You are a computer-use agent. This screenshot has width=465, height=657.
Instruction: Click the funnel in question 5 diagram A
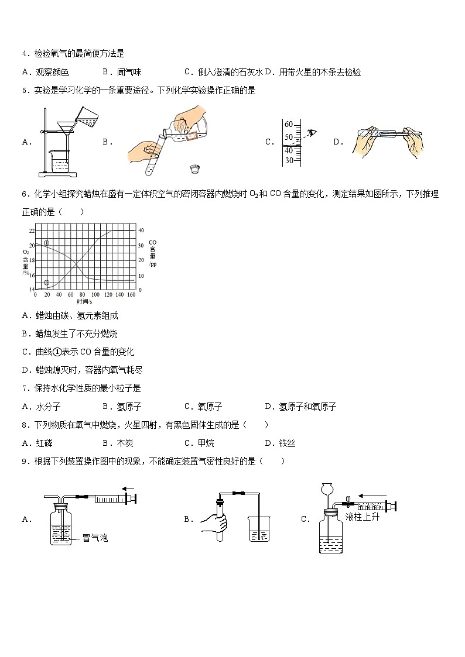coord(62,128)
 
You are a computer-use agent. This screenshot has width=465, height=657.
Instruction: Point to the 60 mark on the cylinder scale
coord(288,124)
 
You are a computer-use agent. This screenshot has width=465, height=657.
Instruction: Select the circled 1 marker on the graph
coord(47,242)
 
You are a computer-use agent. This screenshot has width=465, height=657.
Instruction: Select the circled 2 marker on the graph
coord(47,282)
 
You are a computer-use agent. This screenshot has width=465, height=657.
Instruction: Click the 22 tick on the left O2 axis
coord(31,231)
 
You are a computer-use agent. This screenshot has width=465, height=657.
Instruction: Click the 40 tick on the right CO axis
coord(141,231)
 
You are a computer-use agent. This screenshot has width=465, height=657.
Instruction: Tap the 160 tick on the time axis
coord(131,295)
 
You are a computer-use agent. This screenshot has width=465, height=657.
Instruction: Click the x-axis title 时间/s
coord(84,301)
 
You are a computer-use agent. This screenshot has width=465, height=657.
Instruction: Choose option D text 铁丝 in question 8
coord(287,443)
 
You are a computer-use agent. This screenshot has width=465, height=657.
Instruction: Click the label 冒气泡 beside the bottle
coord(95,538)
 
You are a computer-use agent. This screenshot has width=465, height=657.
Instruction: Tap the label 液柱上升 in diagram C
coord(363,517)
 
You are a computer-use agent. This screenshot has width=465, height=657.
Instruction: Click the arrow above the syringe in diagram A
coord(128,489)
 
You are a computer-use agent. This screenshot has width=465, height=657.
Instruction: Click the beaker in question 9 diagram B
coord(258,529)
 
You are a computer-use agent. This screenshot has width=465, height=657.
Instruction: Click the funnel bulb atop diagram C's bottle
coord(327,488)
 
